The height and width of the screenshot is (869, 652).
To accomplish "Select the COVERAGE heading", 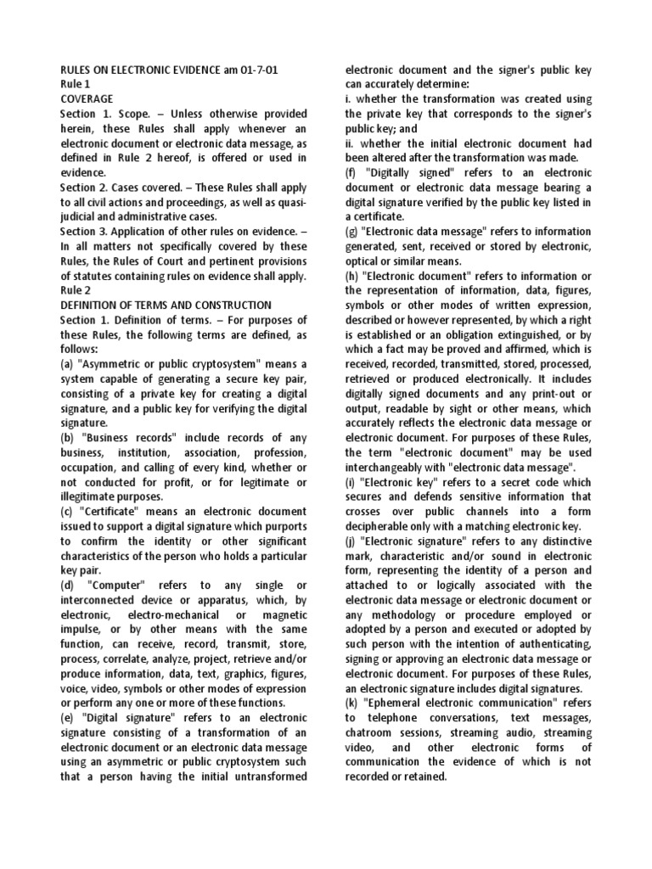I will (x=86, y=98).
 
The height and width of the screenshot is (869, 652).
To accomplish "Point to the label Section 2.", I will (x=86, y=187).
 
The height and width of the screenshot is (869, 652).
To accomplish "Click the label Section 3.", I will (x=86, y=231).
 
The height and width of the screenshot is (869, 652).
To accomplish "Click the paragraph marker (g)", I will (x=349, y=231).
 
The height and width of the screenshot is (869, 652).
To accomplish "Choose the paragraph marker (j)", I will (x=347, y=540).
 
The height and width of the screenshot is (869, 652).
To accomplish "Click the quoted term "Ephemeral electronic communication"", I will (x=464, y=702).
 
